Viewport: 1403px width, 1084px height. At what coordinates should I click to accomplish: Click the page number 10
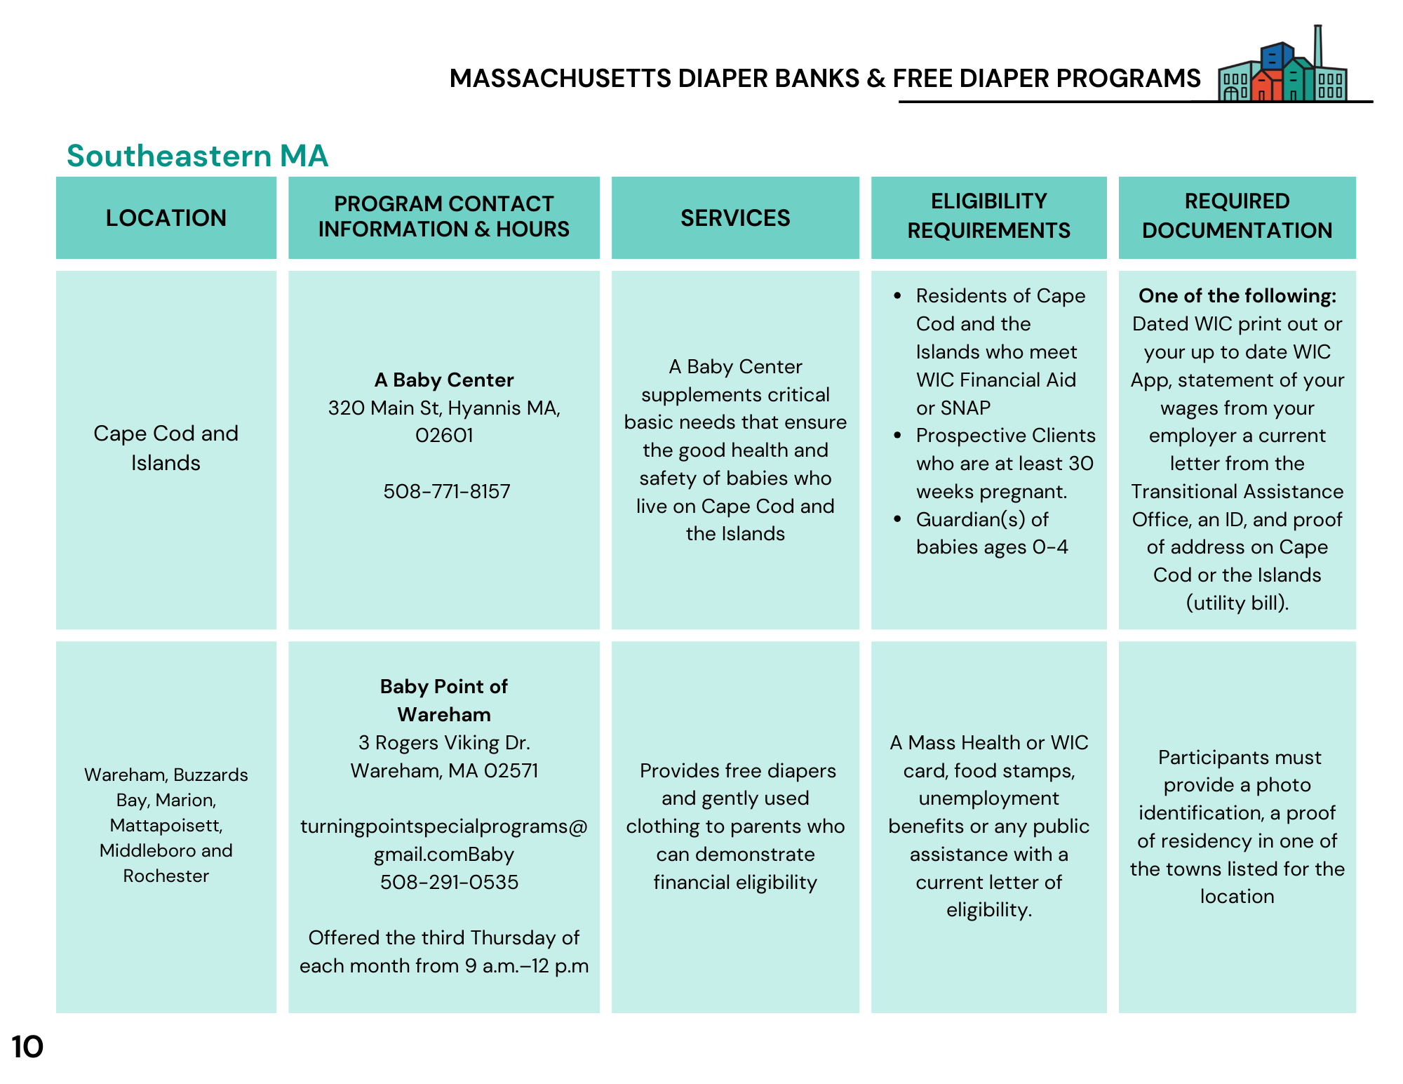(x=27, y=1047)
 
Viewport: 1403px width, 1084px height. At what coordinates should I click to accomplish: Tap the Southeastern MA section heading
(x=197, y=156)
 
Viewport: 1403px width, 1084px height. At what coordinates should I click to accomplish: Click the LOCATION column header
(x=166, y=218)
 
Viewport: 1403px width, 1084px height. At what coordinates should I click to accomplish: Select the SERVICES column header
(x=735, y=218)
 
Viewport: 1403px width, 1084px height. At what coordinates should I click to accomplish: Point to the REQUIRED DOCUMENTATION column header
(x=1237, y=216)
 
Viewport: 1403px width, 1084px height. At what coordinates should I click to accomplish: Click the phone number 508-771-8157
(x=447, y=491)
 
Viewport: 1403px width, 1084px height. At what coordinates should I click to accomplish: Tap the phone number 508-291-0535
(x=449, y=882)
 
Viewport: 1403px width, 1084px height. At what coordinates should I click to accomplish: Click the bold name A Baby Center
(x=444, y=380)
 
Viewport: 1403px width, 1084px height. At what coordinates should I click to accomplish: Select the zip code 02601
(x=444, y=435)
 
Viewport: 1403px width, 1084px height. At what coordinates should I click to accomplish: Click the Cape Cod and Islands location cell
(x=166, y=448)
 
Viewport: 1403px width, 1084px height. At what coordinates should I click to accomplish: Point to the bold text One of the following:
(x=1237, y=295)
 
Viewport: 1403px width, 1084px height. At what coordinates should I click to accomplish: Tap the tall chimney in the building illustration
(x=1318, y=46)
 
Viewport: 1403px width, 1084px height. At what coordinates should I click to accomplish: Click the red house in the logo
(x=1266, y=86)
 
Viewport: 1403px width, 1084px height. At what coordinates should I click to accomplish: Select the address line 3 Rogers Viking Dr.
(x=444, y=742)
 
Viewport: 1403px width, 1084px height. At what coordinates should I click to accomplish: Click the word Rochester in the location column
(x=166, y=876)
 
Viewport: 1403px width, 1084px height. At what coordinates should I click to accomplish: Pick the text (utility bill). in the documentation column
(x=1237, y=603)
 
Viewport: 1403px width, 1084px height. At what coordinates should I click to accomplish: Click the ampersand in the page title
(x=875, y=78)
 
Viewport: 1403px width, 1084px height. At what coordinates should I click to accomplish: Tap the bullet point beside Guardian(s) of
(x=898, y=519)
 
